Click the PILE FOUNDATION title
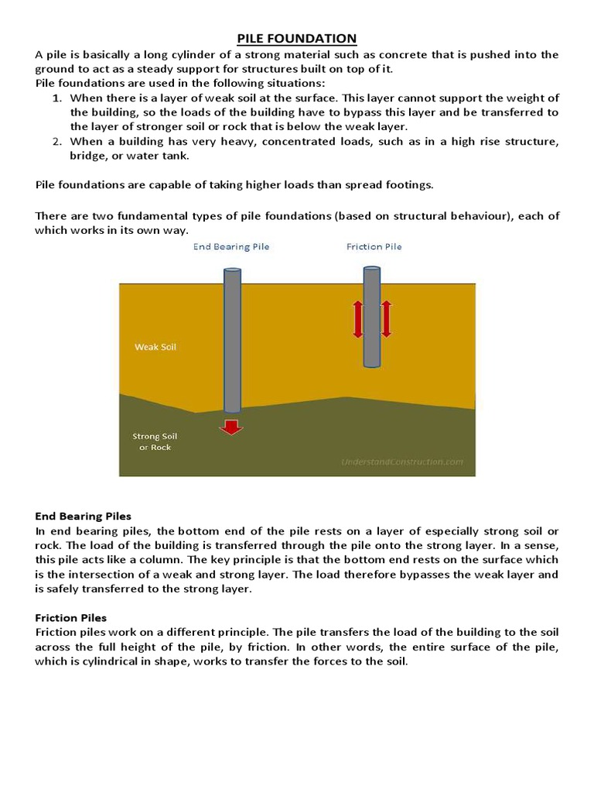coord(296,39)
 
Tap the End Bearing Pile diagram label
coord(231,247)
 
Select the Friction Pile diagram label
coord(374,247)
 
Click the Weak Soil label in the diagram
coord(155,347)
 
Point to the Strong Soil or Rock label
coord(155,441)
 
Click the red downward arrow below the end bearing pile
coord(230,426)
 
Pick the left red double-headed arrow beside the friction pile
coord(358,319)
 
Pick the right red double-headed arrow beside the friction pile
coord(386,319)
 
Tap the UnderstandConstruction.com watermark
coord(402,462)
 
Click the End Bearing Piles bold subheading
coord(84,516)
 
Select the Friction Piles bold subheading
coord(71,618)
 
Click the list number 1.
coord(56,98)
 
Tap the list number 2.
coord(56,142)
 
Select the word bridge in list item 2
coord(88,156)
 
